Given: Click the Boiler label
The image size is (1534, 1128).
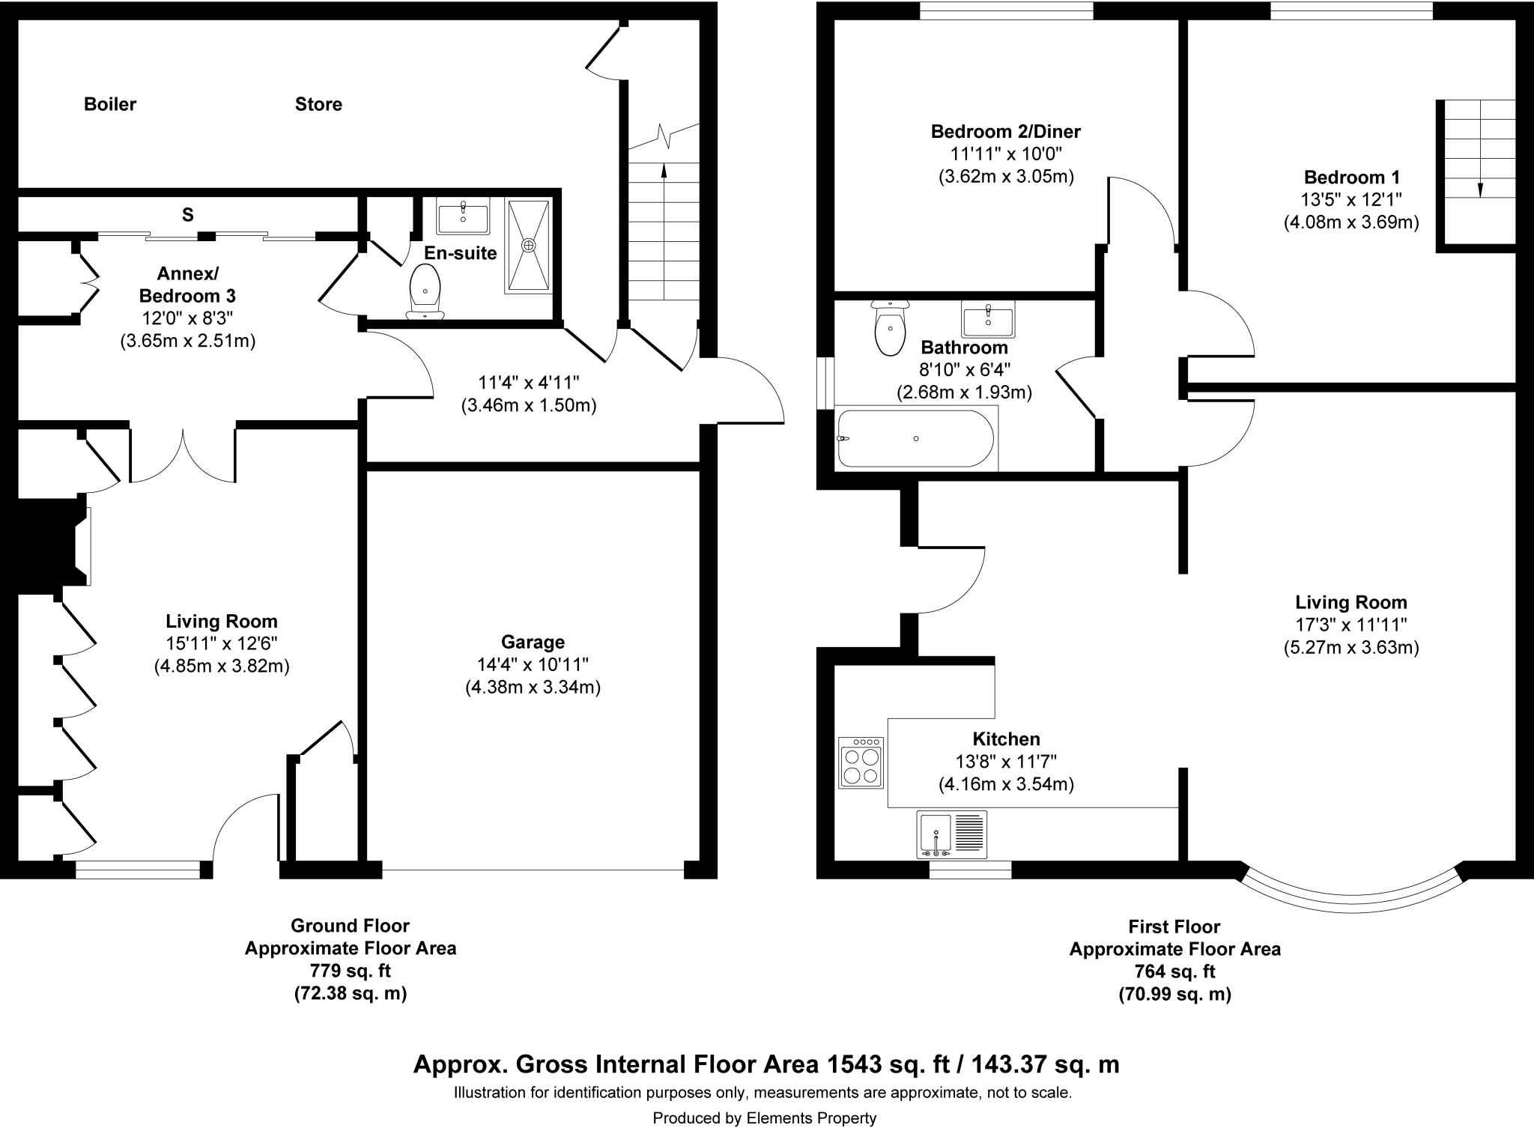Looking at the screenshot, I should click(110, 104).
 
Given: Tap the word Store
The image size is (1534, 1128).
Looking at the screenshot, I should click(318, 104).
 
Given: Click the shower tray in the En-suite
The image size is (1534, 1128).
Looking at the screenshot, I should click(530, 245).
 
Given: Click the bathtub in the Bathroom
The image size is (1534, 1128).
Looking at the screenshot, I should click(915, 439).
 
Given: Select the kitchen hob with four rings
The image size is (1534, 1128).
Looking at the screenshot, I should click(861, 762).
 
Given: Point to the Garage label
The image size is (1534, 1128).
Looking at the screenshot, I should click(533, 642).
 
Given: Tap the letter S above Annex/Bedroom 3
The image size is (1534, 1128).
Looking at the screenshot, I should click(187, 216).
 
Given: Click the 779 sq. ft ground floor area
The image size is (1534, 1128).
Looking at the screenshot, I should click(350, 971).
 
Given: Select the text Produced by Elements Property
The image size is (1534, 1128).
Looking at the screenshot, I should click(764, 1118).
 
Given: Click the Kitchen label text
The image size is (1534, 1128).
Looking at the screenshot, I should click(1006, 739).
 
